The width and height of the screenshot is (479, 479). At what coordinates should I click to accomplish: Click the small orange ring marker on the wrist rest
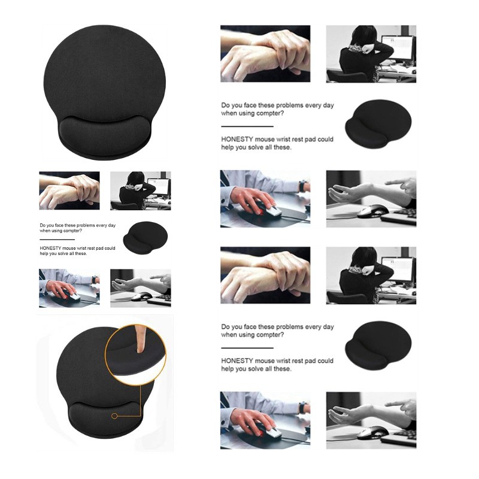click(x=114, y=416)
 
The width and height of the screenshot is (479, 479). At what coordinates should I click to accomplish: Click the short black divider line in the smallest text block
click(x=57, y=239)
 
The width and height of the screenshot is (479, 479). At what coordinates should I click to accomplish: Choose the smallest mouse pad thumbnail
click(x=145, y=237)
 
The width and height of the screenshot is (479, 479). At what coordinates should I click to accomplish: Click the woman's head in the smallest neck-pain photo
click(x=135, y=178)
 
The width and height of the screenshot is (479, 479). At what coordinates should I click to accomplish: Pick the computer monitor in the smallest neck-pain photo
click(x=159, y=186)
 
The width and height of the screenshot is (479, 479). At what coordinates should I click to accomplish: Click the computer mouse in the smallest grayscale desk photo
click(x=141, y=296)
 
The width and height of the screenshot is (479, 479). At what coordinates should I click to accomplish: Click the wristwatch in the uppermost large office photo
click(x=302, y=186)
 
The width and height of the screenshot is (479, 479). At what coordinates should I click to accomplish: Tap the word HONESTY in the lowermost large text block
click(x=237, y=361)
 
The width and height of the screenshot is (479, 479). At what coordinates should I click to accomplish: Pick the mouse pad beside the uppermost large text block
click(x=378, y=123)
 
